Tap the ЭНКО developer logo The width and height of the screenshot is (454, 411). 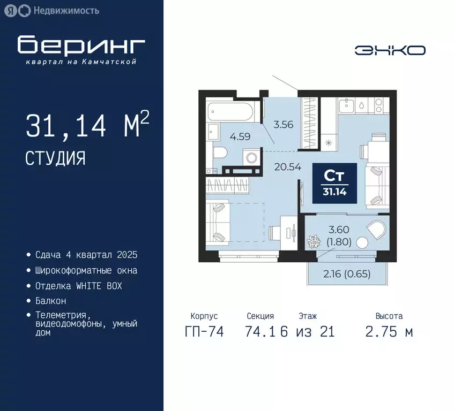click(390, 50)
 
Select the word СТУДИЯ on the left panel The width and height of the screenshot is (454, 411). click(55, 158)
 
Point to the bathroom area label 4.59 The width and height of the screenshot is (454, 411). click(240, 136)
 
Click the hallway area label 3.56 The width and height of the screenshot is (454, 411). click(283, 125)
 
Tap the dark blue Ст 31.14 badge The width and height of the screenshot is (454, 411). click(334, 182)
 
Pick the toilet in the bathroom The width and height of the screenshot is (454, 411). click(221, 152)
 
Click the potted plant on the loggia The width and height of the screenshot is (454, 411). click(311, 241)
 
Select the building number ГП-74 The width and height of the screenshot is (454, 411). click(204, 332)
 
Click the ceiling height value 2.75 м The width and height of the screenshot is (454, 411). click(389, 332)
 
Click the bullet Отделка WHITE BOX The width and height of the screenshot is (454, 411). click(78, 286)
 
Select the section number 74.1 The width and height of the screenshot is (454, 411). click(261, 332)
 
